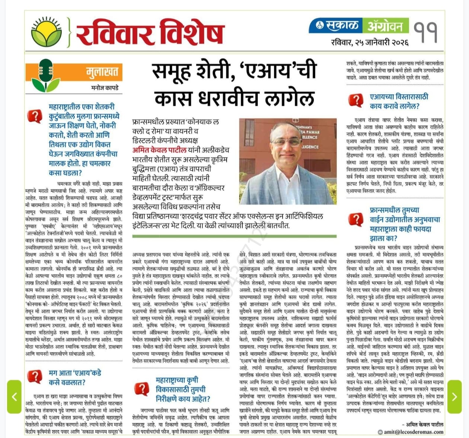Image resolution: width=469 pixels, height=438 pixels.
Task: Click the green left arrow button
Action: pos(14,396)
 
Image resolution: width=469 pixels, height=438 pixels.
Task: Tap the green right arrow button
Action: pos(454,396)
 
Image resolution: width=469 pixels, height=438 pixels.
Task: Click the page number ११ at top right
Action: pos(425,33)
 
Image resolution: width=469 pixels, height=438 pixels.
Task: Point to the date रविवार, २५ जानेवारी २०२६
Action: pos(369,42)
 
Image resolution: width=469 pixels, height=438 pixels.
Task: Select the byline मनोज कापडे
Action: pos(105,88)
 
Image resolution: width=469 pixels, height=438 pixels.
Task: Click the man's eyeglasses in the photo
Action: pos(287,142)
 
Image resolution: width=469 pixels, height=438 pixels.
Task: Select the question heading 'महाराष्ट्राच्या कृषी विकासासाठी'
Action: pos(181,389)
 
